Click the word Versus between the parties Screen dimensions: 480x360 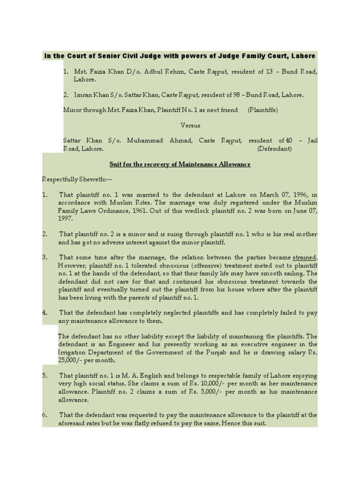[x=191, y=126]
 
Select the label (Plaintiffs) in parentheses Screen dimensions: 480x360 [x=263, y=110]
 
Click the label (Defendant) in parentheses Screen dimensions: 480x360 [x=275, y=149]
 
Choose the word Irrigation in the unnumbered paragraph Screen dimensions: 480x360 [x=73, y=352]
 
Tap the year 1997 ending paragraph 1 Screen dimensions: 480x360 [x=65, y=218]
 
